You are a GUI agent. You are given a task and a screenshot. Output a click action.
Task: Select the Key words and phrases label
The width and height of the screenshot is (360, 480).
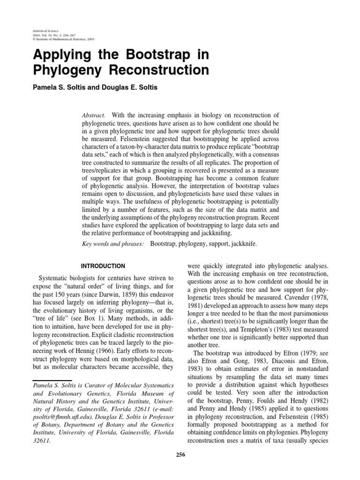112,244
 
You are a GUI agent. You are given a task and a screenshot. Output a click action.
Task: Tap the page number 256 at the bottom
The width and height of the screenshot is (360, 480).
180,454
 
